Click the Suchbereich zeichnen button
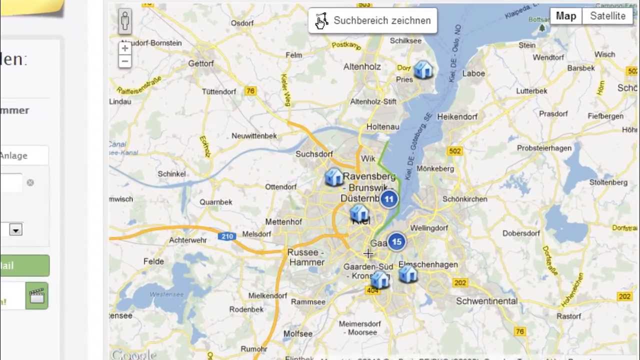372,20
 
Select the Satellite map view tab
607,16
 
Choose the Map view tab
565,16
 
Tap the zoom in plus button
125,48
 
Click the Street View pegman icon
125,21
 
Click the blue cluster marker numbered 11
389,199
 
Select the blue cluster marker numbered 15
396,242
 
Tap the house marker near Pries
423,69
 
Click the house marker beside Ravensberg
333,177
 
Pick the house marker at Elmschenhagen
408,274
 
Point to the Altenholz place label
362,66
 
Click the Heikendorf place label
457,116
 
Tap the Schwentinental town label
486,301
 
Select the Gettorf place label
200,63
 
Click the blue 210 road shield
227,236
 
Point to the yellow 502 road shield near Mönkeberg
455,151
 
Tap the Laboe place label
473,73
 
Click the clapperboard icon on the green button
36,295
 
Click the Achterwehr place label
188,240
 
